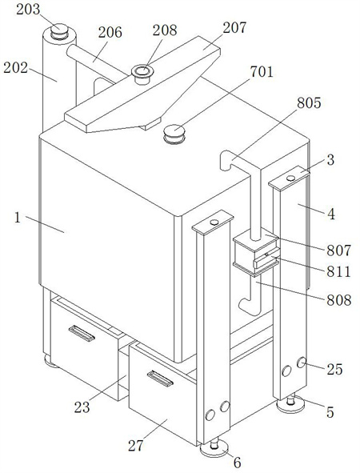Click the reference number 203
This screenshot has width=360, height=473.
tap(28, 10)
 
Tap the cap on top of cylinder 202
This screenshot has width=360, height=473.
tap(59, 31)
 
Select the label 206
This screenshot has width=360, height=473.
tap(110, 32)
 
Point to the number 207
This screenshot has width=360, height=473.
tap(234, 28)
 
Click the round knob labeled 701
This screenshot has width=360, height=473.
tap(174, 134)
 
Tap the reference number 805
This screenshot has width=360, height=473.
tap(309, 103)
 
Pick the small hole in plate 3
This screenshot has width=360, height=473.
tap(290, 178)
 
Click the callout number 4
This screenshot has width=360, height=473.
tap(331, 214)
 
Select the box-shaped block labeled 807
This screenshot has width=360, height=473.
tap(256, 253)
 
